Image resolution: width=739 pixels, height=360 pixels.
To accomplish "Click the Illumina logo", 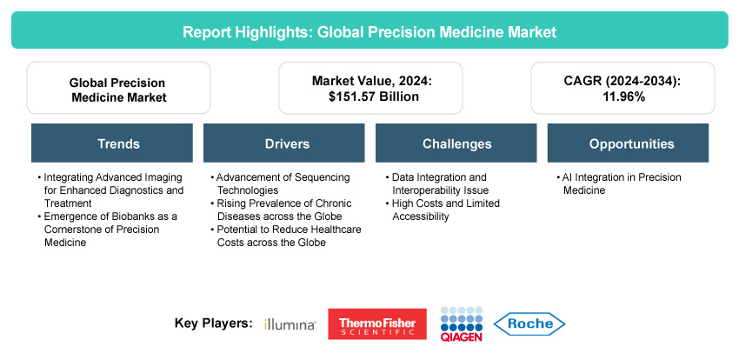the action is pos(290,324).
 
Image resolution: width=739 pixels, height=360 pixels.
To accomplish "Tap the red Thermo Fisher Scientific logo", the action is pos(377,323).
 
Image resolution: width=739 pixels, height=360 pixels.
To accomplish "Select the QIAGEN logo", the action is pos(462,323).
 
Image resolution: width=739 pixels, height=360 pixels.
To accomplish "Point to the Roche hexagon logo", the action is pos(529,323).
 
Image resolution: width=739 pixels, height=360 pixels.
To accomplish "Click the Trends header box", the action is pos(112,143).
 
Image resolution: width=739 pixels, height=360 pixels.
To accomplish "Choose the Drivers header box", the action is pos(283,143).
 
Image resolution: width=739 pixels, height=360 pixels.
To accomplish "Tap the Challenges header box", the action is pos(456,143).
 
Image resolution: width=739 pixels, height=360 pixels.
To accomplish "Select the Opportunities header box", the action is pos(628,143).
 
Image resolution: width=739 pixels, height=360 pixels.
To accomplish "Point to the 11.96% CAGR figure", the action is pos(622,97).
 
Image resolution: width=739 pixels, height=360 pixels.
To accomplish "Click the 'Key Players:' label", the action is pos(214,323).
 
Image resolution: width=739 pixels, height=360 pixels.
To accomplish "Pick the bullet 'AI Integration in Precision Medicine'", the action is pos(619,183).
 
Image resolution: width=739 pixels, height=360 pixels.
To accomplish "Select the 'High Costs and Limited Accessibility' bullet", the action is pos(442,210).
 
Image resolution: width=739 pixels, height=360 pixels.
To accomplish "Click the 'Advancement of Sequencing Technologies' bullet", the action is pos(280,183).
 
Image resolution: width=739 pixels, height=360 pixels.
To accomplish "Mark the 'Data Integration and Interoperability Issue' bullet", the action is pos(436,183).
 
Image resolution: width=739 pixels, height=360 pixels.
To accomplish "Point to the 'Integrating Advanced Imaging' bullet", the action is pos(110,190).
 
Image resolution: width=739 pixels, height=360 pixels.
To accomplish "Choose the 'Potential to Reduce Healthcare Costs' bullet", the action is pos(286,236).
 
